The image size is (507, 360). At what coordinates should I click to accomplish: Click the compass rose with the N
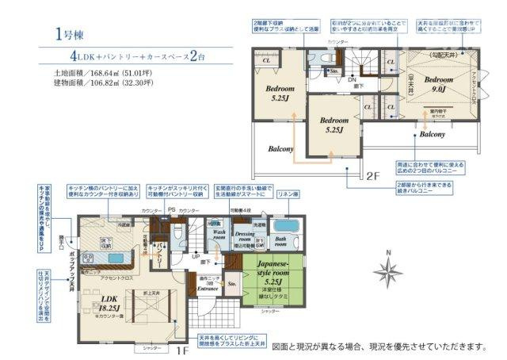(x=387, y=272)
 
